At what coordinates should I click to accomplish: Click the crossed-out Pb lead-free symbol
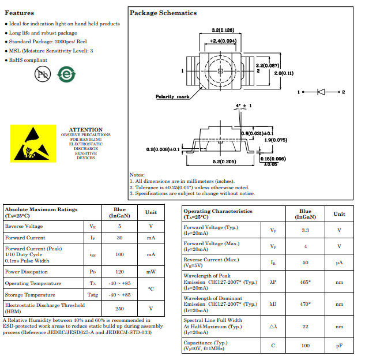tap(43, 74)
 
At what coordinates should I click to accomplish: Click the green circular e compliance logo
tap(66, 74)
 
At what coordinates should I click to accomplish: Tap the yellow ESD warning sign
tap(33, 144)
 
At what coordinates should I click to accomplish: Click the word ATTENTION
tap(86, 129)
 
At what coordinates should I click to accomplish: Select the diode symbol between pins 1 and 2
tap(321, 92)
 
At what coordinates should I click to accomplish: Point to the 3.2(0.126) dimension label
tap(223, 30)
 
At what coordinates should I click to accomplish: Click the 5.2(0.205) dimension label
tap(224, 162)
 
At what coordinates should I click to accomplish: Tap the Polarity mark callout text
tap(172, 96)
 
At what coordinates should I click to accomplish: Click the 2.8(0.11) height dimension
tap(284, 73)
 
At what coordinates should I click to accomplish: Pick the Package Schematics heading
tap(163, 13)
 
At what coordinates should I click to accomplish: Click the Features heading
tap(20, 13)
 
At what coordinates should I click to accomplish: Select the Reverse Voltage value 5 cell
tap(120, 226)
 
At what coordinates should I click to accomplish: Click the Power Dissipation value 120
tap(120, 272)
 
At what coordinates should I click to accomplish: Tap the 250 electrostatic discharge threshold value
tap(120, 309)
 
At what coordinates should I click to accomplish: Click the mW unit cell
tap(151, 272)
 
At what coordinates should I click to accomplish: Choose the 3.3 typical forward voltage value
tap(305, 230)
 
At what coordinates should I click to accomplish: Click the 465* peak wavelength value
tap(305, 282)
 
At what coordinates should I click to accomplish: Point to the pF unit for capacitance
tap(339, 346)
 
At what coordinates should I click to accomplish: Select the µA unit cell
tap(339, 262)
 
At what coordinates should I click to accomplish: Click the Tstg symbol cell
tap(93, 295)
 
